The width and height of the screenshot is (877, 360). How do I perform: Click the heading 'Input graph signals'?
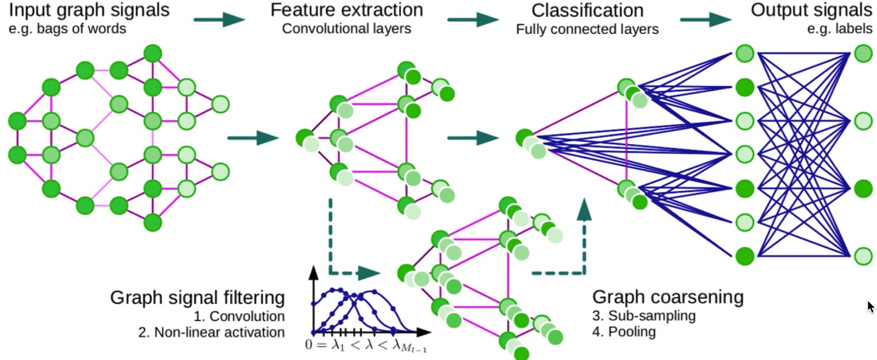pos(89,10)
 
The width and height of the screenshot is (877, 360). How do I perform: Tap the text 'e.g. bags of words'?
pos(68,29)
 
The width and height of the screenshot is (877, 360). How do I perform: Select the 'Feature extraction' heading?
pos(347,10)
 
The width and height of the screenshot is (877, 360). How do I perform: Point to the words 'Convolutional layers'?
pos(347,29)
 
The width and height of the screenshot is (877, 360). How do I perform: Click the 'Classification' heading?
pos(588,10)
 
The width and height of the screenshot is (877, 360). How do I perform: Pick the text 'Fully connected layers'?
pos(588,29)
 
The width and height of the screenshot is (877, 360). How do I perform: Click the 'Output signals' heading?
pos(811,10)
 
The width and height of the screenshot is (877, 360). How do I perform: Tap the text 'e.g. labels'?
pos(840,29)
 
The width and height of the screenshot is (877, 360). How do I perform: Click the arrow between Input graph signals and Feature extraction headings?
pos(219,19)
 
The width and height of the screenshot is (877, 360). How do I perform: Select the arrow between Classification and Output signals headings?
pos(706,19)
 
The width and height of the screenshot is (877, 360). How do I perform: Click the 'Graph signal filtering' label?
pos(197,298)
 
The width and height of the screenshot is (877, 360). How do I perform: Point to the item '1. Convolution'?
pos(239,316)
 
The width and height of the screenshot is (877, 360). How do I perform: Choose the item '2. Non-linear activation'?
pos(212,332)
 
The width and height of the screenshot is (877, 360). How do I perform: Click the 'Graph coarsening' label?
pos(668,297)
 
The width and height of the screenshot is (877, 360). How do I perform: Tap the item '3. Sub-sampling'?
pos(644,316)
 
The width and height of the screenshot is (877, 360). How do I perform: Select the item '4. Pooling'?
pos(624,332)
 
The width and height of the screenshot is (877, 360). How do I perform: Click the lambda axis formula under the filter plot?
pos(366,345)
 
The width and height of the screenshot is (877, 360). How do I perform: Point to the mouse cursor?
pos(870,306)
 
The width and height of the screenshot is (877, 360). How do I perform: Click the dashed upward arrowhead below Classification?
pos(584,209)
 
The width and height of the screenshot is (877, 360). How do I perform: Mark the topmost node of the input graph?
pos(153,54)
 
